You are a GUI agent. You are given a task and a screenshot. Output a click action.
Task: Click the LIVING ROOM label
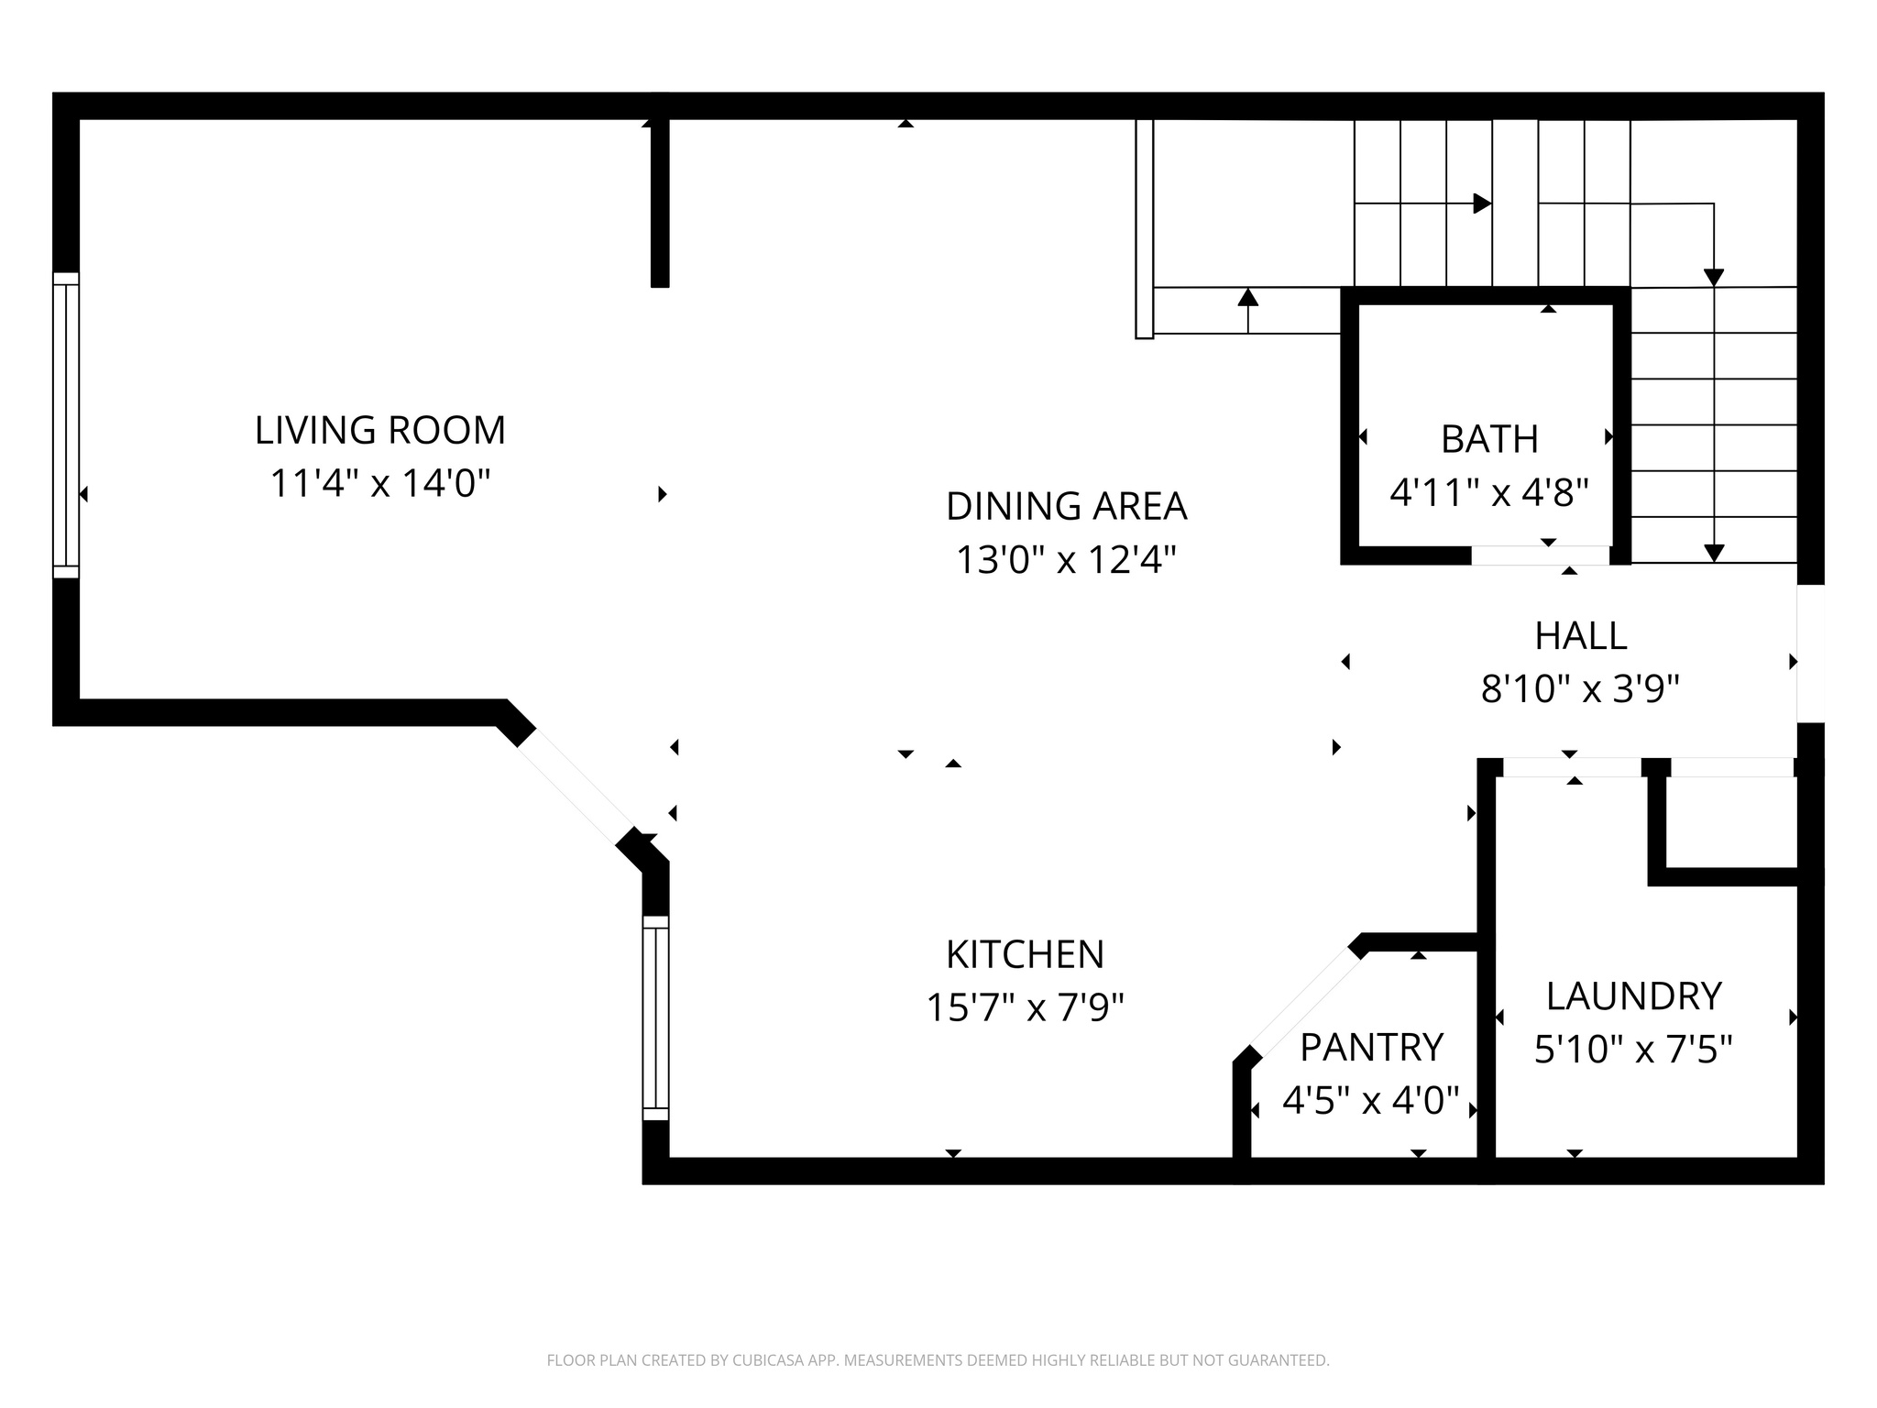coord(379,431)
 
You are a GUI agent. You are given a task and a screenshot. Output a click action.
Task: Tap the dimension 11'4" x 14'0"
coord(379,483)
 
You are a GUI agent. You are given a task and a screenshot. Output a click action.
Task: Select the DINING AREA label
coord(1066,507)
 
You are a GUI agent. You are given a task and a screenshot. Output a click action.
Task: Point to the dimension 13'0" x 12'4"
coord(1066,559)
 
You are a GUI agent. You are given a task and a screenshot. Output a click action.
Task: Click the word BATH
coord(1489,440)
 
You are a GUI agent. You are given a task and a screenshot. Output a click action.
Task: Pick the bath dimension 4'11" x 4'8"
coord(1488,493)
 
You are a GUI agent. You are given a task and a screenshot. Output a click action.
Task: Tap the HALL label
coord(1581,636)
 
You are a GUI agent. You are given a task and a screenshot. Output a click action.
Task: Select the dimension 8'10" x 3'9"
coord(1580,689)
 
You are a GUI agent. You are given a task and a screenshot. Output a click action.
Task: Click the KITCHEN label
coord(1025,955)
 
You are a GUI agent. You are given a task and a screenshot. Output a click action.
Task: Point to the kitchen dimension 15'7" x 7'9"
coord(1025,1008)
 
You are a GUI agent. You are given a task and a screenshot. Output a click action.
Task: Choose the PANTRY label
coord(1371,1047)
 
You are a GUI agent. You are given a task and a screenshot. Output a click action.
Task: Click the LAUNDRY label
coord(1634,996)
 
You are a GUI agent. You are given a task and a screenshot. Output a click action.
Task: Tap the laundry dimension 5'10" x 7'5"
coord(1633,1050)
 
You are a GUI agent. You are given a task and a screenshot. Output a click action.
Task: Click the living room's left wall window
coord(66,425)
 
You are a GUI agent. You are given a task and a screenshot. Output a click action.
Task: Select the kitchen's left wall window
coord(655,1017)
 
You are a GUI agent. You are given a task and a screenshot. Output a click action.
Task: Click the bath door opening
coord(1541,555)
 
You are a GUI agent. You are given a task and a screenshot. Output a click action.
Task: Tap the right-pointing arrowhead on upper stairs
coord(1481,203)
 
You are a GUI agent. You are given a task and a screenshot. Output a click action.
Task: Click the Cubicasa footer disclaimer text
coord(938,1360)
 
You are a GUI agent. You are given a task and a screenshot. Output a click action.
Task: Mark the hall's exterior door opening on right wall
coord(1810,653)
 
